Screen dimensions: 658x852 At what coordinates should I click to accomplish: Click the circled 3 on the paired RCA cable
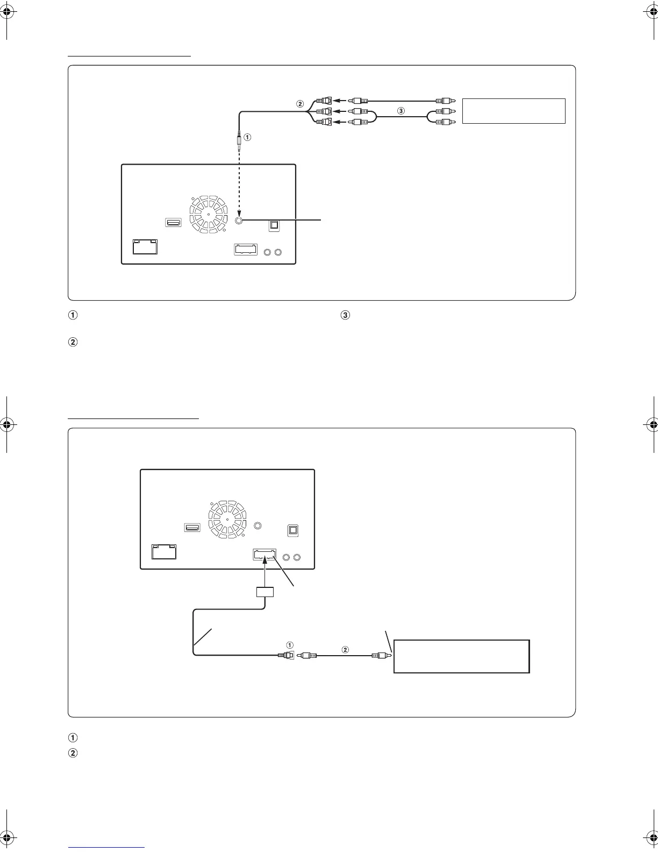[400, 110]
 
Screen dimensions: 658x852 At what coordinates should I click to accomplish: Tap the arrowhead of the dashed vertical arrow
[239, 213]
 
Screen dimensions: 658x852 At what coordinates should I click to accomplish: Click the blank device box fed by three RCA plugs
[513, 111]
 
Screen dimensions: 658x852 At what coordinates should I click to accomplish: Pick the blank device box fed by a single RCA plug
[462, 656]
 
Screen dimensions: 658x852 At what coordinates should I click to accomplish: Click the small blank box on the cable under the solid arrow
[264, 592]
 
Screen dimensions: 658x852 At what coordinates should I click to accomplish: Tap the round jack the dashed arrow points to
[239, 220]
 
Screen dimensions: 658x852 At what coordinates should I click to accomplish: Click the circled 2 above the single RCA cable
[345, 650]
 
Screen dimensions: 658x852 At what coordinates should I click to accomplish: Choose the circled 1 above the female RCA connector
[290, 645]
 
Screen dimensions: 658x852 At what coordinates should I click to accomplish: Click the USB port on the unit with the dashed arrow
[174, 222]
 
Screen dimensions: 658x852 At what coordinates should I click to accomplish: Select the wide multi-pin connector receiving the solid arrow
[264, 555]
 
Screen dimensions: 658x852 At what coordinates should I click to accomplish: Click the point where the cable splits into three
[307, 111]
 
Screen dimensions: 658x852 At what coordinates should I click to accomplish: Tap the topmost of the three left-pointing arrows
[339, 100]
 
